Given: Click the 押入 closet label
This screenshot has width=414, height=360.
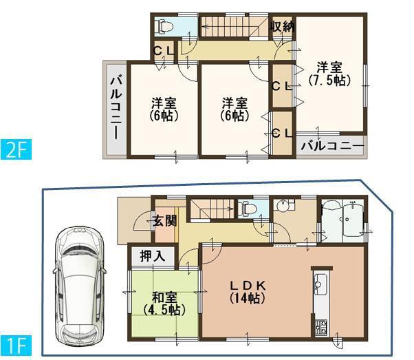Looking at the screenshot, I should tap(153, 256).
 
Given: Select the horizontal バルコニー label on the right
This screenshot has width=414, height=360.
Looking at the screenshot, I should tap(331, 146).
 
